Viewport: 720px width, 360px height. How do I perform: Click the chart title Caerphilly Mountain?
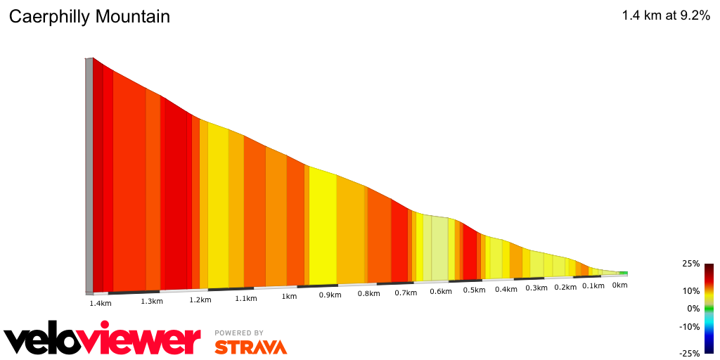pyautogui.click(x=89, y=17)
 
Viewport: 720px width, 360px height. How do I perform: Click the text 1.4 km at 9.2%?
pyautogui.click(x=666, y=16)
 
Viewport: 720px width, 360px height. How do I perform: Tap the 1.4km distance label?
pyautogui.click(x=101, y=304)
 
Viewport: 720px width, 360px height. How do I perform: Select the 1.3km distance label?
pyautogui.click(x=151, y=302)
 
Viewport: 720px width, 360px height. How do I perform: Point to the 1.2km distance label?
pyautogui.click(x=200, y=300)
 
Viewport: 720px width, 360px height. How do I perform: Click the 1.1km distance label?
pyautogui.click(x=245, y=299)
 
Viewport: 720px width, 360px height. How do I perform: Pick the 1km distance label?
pyautogui.click(x=289, y=297)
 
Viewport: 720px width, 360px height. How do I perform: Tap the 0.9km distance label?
pyautogui.click(x=330, y=295)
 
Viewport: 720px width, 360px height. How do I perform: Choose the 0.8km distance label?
pyautogui.click(x=368, y=294)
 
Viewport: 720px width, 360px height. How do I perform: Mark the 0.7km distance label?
pyautogui.click(x=406, y=292)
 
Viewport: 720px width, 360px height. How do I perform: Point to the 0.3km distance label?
pyautogui.click(x=536, y=288)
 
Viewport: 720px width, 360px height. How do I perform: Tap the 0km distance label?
pyautogui.click(x=619, y=285)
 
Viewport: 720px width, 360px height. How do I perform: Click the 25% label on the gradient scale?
pyautogui.click(x=690, y=264)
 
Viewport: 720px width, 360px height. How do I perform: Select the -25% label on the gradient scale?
pyautogui.click(x=689, y=354)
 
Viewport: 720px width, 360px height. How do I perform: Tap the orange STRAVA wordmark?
pyautogui.click(x=250, y=347)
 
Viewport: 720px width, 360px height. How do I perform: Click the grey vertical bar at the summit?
pyautogui.click(x=89, y=176)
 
